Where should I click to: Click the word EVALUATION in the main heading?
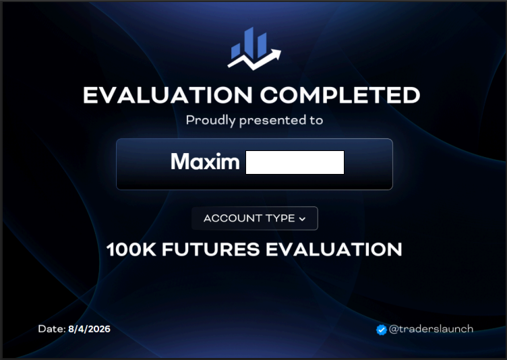168,96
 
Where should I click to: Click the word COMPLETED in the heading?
340,96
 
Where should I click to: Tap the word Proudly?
211,121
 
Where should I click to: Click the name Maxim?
206,161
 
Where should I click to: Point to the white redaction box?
295,162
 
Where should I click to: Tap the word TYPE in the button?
280,218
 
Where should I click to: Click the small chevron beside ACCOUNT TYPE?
302,219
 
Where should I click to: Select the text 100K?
131,249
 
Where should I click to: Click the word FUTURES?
211,249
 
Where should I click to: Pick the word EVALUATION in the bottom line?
334,249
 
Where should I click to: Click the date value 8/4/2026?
89,329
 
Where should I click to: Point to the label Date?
52,329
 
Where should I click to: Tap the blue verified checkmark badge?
382,330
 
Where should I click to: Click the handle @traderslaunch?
431,329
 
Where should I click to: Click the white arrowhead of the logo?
275,55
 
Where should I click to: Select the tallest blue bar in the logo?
249,43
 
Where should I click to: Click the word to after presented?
316,121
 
